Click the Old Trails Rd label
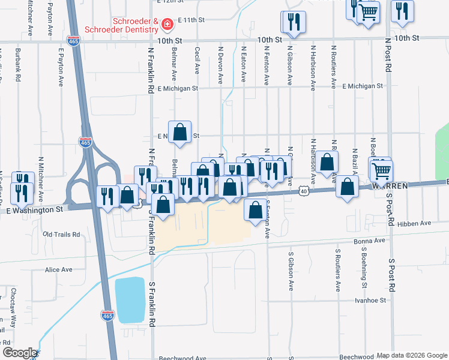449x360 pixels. (x=61, y=234)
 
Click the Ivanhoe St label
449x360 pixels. (x=369, y=300)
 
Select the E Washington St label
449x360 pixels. (x=35, y=210)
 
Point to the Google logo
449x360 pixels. (x=19, y=353)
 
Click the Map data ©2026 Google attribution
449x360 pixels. (x=411, y=355)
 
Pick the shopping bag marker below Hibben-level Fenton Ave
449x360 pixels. (x=255, y=211)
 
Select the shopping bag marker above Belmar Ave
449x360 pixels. (x=179, y=132)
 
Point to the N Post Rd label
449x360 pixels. (x=388, y=60)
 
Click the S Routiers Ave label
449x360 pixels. (x=338, y=264)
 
